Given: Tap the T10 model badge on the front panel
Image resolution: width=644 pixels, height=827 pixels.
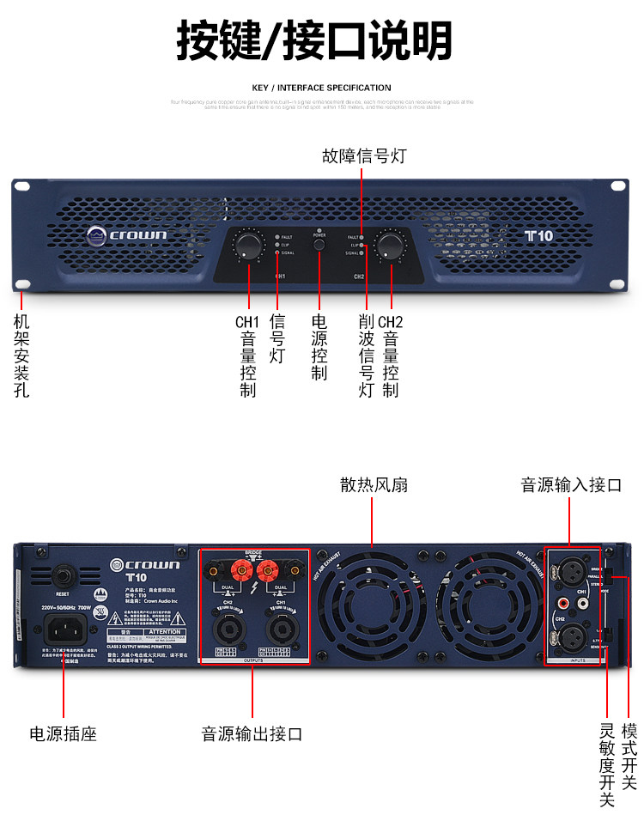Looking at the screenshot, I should click(539, 234).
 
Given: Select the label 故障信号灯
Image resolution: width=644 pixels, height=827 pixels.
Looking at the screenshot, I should click(363, 156).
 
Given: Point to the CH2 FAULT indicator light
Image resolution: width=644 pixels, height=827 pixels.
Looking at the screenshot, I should click(362, 236).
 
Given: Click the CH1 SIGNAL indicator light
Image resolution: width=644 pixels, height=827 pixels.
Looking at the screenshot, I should click(276, 252).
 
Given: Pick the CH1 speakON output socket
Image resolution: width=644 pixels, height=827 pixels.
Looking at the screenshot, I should click(279, 630).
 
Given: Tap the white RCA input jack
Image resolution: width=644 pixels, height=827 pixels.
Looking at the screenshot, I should click(584, 604).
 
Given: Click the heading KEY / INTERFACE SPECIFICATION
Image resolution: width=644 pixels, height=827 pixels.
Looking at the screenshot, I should click(321, 88).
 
